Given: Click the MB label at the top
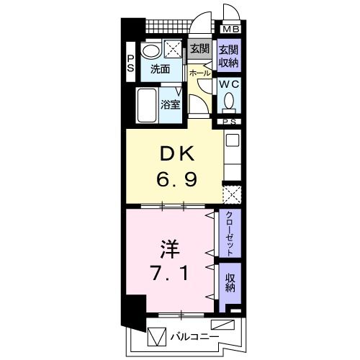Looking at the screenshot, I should pyautogui.click(x=230, y=30).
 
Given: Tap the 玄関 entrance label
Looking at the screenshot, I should pyautogui.click(x=199, y=49).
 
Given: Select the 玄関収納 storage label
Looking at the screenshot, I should pyautogui.click(x=229, y=55).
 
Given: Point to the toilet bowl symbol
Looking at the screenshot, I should pyautogui.click(x=229, y=103).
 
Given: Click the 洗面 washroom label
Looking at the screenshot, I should pyautogui.click(x=159, y=70).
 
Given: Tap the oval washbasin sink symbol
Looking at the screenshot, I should pyautogui.click(x=150, y=50).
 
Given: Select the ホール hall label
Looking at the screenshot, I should pyautogui.click(x=199, y=73).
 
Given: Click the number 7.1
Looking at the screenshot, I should pyautogui.click(x=170, y=274).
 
